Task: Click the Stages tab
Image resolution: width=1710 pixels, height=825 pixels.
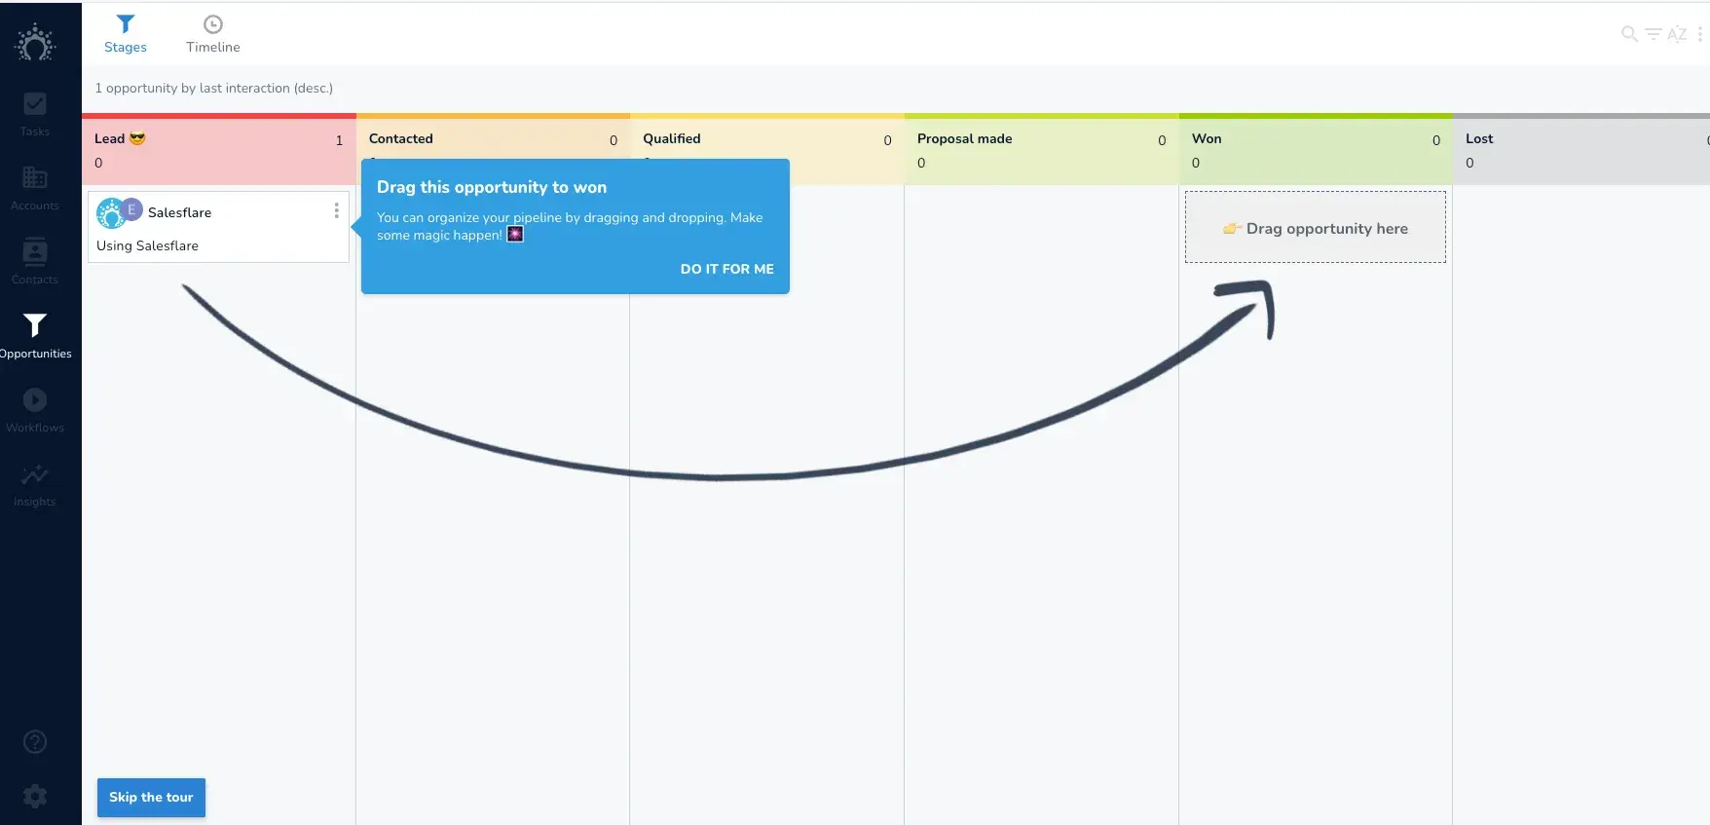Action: [125, 34]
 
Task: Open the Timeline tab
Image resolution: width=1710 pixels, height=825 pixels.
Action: [212, 34]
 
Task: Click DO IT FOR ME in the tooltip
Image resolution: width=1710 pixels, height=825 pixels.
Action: [726, 269]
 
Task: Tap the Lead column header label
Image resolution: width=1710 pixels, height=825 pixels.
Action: [109, 139]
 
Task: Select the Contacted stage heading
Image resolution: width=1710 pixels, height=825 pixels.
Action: [400, 139]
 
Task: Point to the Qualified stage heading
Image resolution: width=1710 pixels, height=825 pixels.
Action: [671, 139]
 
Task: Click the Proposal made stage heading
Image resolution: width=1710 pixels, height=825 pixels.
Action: [964, 139]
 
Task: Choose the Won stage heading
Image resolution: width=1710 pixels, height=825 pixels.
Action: [1206, 139]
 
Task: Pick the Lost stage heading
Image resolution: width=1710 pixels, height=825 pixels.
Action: [1478, 139]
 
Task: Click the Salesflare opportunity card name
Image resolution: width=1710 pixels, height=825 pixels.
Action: [179, 212]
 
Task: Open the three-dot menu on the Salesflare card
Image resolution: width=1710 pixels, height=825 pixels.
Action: [337, 210]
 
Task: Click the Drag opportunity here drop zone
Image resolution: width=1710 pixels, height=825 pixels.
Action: [1315, 228]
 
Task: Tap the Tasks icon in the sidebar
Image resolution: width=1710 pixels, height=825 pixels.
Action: [35, 113]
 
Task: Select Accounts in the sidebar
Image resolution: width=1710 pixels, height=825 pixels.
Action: [35, 187]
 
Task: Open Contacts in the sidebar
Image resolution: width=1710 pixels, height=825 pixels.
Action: [35, 261]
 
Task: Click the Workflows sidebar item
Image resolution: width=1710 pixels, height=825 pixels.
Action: [35, 409]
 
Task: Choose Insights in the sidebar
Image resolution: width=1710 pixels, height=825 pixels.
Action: [35, 483]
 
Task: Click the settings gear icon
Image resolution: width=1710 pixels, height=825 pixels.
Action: [35, 796]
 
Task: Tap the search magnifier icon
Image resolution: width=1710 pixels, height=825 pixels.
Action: [1628, 34]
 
